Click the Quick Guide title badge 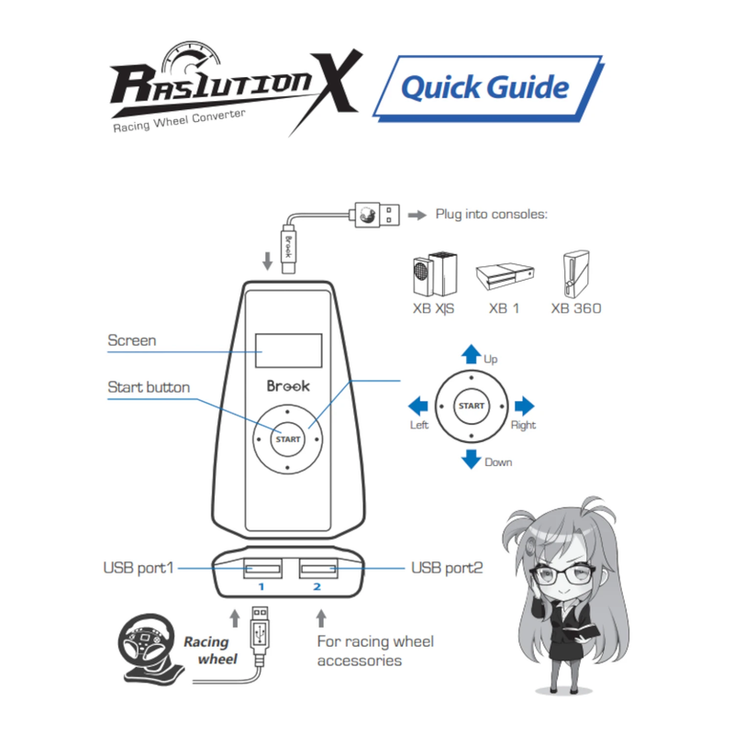click(488, 88)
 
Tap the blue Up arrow click(471, 354)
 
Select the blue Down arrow click(471, 460)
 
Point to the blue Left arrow click(418, 406)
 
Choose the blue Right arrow click(524, 406)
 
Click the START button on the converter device click(287, 439)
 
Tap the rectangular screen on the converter click(288, 350)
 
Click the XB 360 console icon click(576, 273)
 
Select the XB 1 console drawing click(505, 276)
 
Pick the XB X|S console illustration click(435, 274)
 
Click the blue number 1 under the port click(261, 586)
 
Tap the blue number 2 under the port click(317, 586)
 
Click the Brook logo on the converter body click(288, 385)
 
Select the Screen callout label click(132, 340)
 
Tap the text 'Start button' click(149, 387)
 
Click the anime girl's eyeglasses click(562, 575)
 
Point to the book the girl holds click(583, 633)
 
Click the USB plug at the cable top click(377, 215)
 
